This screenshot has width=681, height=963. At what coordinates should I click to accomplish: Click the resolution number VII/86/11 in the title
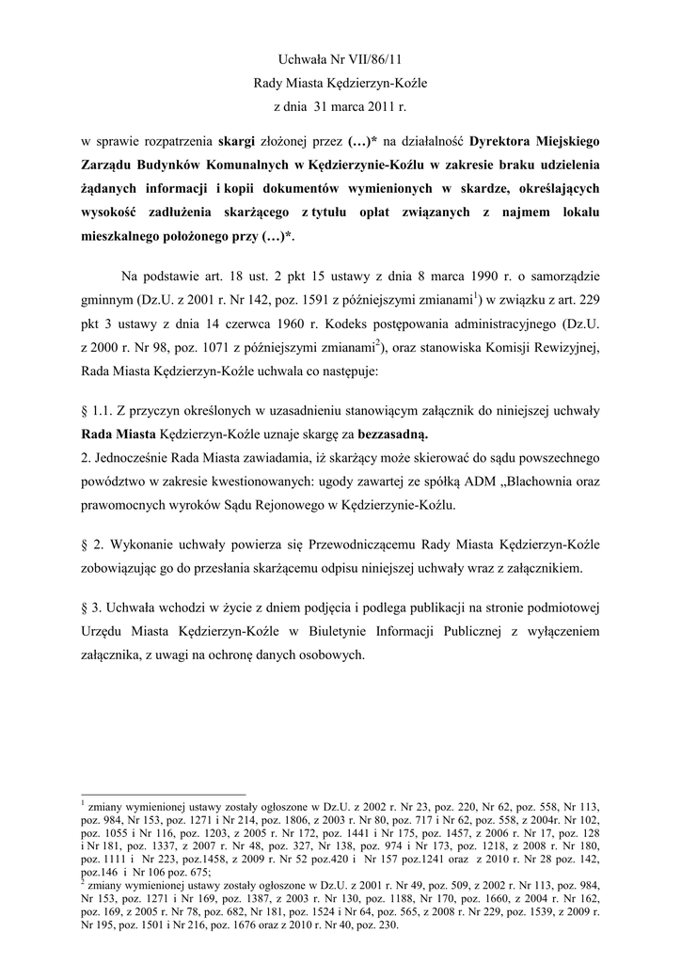click(x=376, y=60)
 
